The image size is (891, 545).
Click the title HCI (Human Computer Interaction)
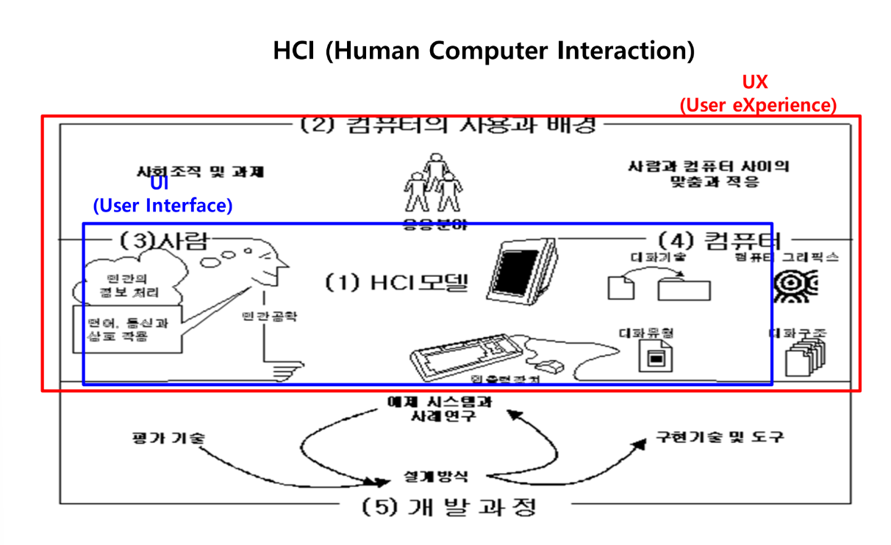[x=484, y=51]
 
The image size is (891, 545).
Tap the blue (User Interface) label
[x=162, y=206]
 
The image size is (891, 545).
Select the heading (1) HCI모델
[x=397, y=281]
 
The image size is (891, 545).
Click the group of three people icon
[x=432, y=184]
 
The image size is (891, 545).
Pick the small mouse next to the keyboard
[x=548, y=364]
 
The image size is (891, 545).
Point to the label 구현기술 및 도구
[x=720, y=437]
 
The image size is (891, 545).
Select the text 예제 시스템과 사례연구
[x=440, y=409]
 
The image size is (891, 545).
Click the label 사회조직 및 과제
[x=200, y=173]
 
